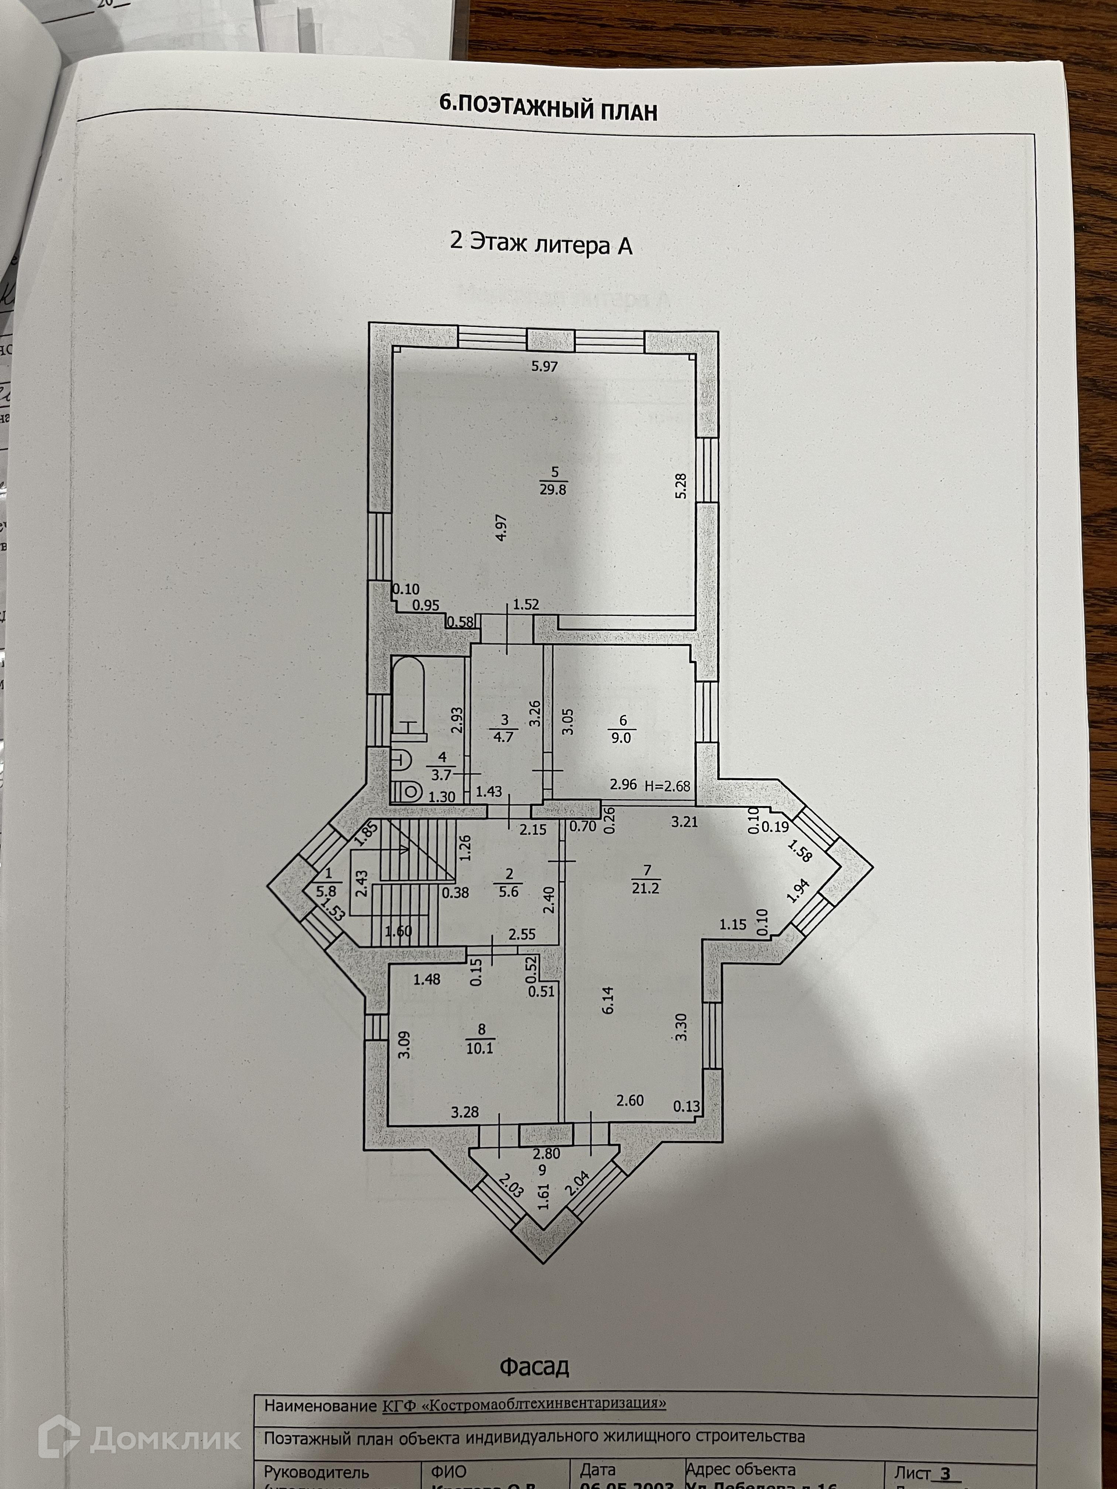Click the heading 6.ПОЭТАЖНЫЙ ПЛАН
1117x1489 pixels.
coord(547,108)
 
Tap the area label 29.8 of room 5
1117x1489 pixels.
coord(553,489)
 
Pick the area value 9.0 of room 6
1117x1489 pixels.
coord(620,738)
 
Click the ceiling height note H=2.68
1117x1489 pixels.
coord(667,785)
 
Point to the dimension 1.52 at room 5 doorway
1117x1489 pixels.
coord(526,605)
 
